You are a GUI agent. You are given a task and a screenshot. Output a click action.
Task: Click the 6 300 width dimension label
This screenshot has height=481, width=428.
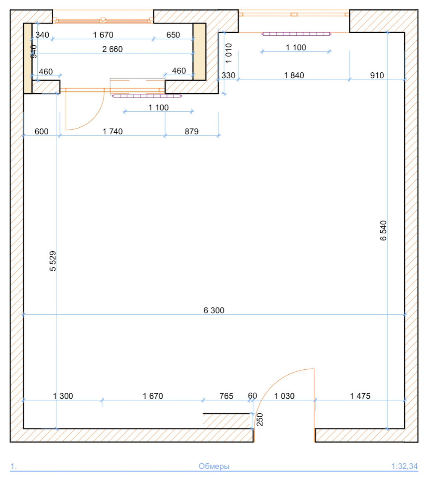(x=214, y=310)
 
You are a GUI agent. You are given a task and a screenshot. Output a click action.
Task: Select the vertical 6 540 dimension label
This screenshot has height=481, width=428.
(x=383, y=231)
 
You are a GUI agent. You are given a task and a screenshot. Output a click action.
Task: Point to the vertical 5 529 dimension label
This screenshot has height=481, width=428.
(x=53, y=261)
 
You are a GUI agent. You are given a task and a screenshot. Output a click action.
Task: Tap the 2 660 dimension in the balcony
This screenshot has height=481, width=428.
(x=112, y=49)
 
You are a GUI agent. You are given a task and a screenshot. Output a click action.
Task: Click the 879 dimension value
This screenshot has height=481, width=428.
(x=191, y=131)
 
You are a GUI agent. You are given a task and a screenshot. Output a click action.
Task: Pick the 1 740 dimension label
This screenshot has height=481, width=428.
(x=112, y=131)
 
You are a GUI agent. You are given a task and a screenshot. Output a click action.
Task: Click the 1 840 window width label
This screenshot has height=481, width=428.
(x=294, y=75)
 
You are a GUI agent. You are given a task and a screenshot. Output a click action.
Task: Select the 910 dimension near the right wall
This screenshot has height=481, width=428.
(x=377, y=75)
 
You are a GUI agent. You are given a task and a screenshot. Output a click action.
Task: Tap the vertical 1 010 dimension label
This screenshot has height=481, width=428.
(x=229, y=53)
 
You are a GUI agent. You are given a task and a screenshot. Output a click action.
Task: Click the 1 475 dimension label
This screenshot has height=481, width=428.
(x=360, y=396)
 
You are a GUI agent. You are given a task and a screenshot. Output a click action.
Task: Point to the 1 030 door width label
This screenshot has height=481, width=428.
(x=284, y=396)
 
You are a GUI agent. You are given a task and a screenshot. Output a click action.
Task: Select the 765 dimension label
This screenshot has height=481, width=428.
(x=227, y=396)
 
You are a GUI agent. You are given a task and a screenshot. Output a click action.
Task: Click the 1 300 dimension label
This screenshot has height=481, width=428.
(x=63, y=396)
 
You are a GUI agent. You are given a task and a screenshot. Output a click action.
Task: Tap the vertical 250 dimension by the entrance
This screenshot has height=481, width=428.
(x=259, y=419)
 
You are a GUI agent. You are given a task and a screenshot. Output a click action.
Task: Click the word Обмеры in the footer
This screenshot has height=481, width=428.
(x=214, y=466)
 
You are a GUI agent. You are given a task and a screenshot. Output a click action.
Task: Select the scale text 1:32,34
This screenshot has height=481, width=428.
(x=405, y=466)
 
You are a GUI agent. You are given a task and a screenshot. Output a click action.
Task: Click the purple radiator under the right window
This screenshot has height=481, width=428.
(x=296, y=34)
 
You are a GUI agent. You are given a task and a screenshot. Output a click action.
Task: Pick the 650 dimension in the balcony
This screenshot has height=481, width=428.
(x=173, y=35)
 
